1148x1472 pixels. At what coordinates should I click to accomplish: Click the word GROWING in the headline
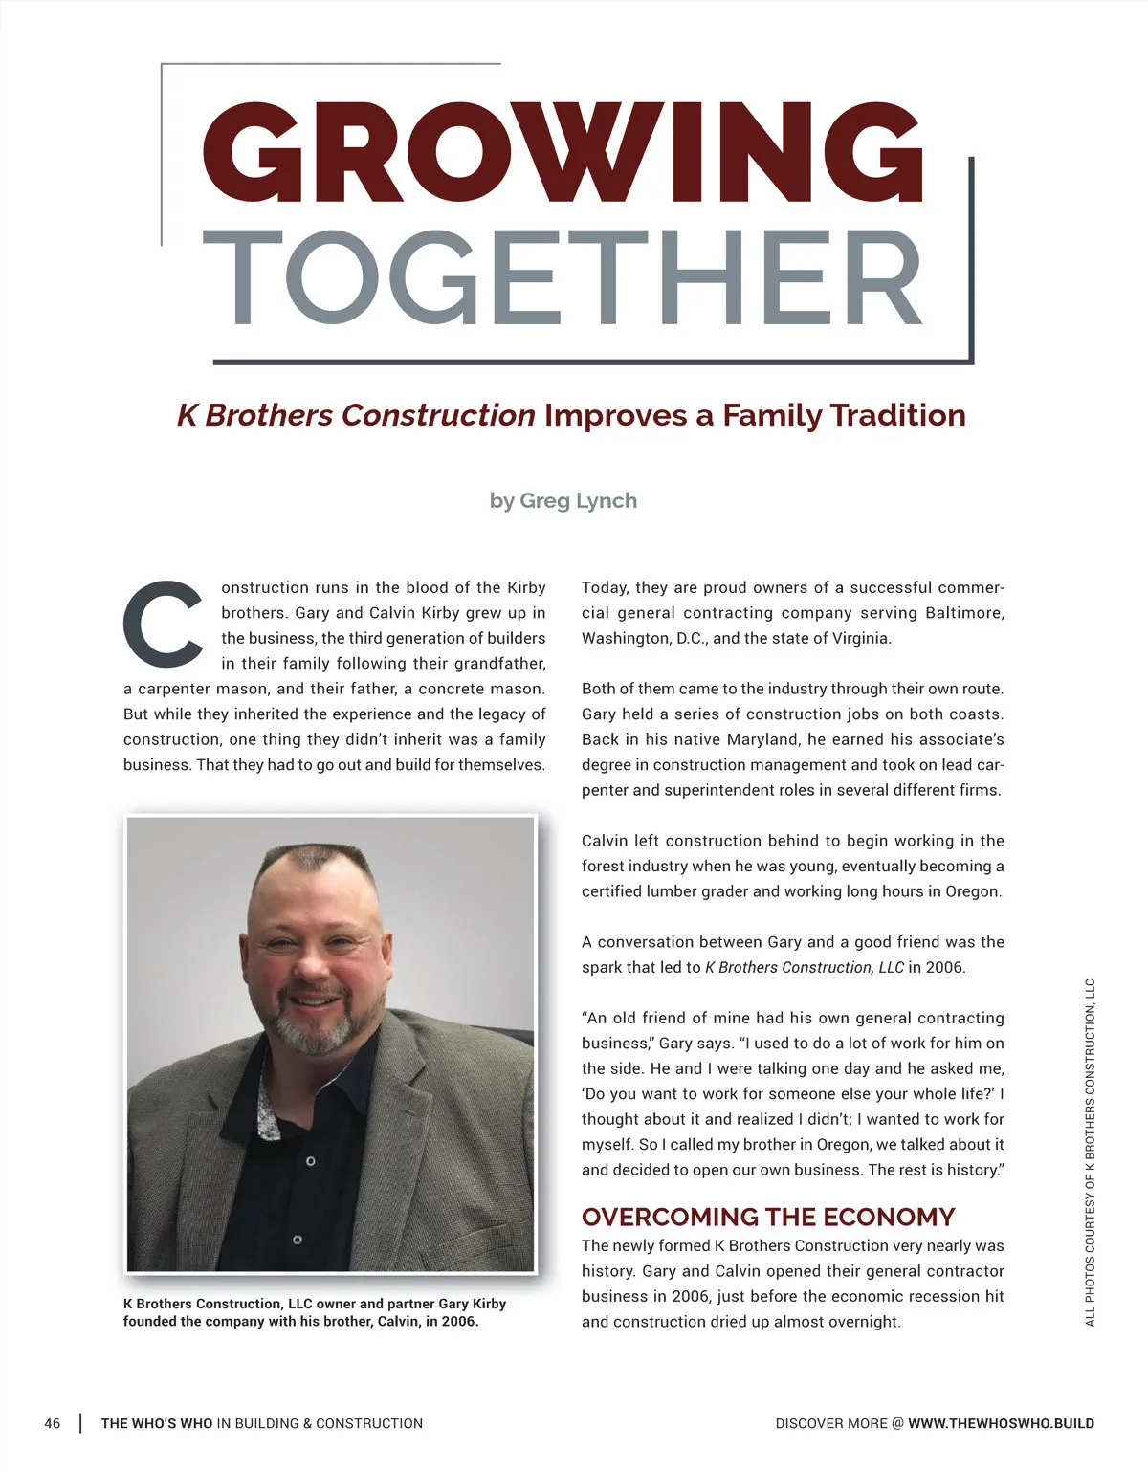point(563,153)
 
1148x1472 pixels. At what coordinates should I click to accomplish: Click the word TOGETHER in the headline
point(563,278)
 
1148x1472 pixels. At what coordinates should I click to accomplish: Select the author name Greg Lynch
point(578,501)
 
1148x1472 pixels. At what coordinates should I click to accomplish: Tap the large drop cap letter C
point(163,623)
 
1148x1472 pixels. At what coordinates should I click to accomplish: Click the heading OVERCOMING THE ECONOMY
point(768,1217)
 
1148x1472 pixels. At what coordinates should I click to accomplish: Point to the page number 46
point(52,1423)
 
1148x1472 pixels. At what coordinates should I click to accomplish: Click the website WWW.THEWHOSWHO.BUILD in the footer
point(1001,1423)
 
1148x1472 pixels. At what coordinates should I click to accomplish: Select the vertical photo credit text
point(1091,1152)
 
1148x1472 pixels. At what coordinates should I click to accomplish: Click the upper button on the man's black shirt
point(310,1161)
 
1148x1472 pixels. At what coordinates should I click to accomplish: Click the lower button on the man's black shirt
point(298,1241)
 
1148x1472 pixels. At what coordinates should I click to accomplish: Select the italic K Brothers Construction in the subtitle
point(356,415)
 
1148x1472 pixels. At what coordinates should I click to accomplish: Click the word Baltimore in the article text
point(964,613)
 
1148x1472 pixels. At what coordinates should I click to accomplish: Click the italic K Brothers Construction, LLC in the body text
point(804,967)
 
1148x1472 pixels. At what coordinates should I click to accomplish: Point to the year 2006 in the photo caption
point(457,1322)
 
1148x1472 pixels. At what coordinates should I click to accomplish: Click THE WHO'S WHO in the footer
point(157,1423)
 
